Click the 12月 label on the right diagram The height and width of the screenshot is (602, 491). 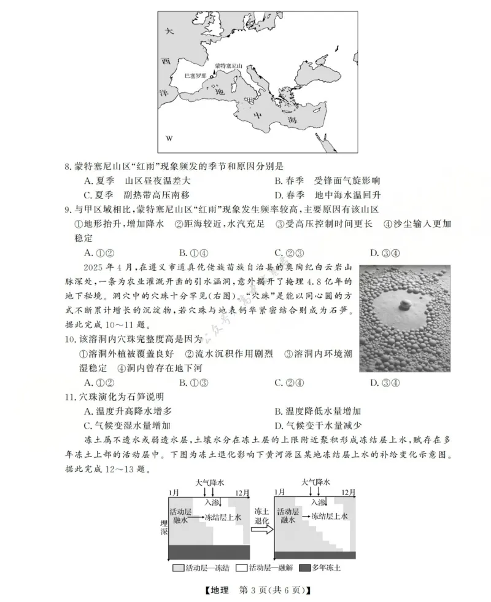click(348, 493)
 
